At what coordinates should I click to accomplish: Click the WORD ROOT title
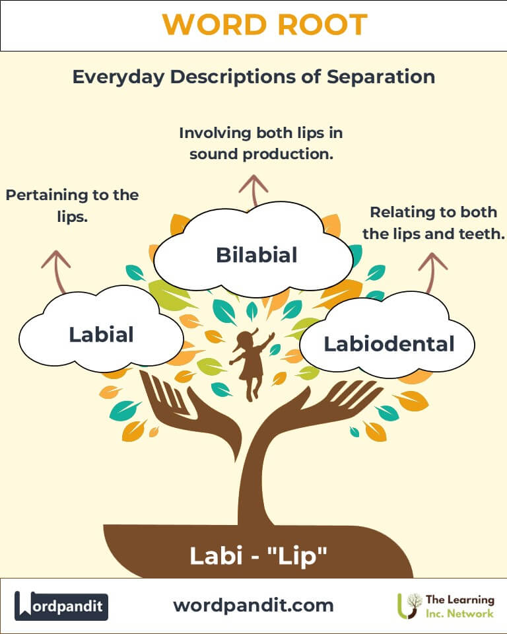[x=265, y=24]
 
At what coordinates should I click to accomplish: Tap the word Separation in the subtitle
[x=381, y=77]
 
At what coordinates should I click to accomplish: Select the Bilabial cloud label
[x=257, y=255]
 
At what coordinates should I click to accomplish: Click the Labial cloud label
[x=101, y=334]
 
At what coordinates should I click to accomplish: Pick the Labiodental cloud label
[x=389, y=343]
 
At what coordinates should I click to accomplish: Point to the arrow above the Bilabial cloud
[x=253, y=190]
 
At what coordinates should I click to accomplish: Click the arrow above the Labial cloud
[x=57, y=271]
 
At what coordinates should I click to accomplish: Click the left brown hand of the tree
[x=190, y=417]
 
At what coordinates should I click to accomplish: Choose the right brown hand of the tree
[x=320, y=408]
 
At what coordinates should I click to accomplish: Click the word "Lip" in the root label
[x=297, y=556]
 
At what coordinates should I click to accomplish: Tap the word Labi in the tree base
[x=217, y=555]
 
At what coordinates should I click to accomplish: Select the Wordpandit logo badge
[x=61, y=606]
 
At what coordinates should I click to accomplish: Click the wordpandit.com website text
[x=253, y=606]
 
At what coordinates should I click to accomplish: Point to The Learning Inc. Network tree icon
[x=409, y=606]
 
